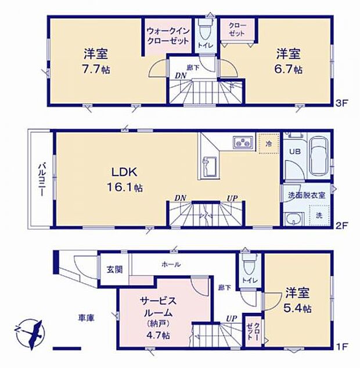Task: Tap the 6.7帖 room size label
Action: click(289, 69)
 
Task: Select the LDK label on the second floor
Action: click(124, 172)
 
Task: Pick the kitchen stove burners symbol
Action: click(242, 143)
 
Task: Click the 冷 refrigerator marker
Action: click(268, 143)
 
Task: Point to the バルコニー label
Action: click(42, 179)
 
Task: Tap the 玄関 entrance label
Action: click(114, 269)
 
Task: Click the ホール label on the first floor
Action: click(171, 264)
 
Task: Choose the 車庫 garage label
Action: click(87, 318)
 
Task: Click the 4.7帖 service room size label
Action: click(158, 335)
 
